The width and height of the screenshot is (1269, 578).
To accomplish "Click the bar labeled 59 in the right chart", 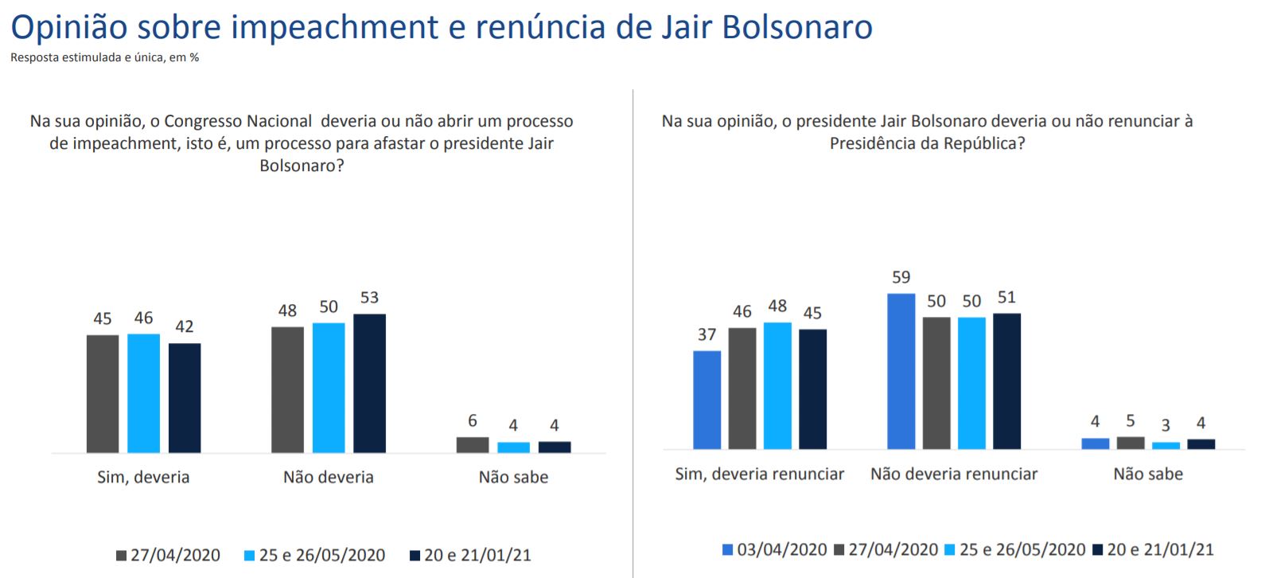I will pyautogui.click(x=901, y=371).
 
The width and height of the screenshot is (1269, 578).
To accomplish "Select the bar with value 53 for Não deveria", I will pyautogui.click(x=369, y=383).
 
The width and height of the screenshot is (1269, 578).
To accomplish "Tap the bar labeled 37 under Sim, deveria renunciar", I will pyautogui.click(x=707, y=400).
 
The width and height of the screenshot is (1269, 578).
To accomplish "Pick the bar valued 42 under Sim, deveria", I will pyautogui.click(x=185, y=398).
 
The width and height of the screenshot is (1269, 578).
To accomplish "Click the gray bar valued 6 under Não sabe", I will pyautogui.click(x=473, y=445).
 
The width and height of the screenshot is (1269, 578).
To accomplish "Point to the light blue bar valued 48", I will pyautogui.click(x=777, y=385).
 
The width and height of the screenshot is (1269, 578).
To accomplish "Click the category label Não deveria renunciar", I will pyautogui.click(x=954, y=475).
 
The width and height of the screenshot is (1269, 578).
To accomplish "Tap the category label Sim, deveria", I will pyautogui.click(x=143, y=478).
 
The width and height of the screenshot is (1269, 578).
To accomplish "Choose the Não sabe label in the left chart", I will pyautogui.click(x=513, y=478).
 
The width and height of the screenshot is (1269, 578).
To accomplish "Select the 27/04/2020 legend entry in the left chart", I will pyautogui.click(x=168, y=556).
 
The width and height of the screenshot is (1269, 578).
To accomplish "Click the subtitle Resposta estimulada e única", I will pyautogui.click(x=104, y=58).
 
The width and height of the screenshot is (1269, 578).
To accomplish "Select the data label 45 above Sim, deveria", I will pyautogui.click(x=103, y=319).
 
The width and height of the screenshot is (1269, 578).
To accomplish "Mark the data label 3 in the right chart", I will pyautogui.click(x=1166, y=426).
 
